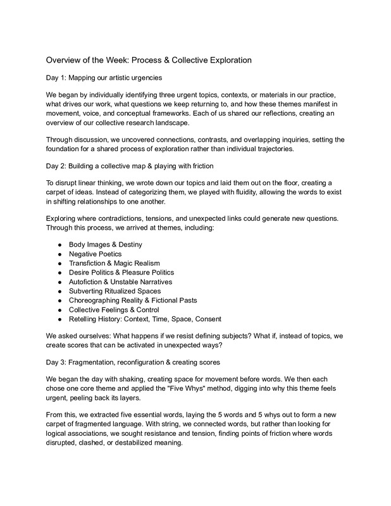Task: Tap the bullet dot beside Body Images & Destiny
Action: tap(58, 244)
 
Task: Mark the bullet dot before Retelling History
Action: tap(58, 319)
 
